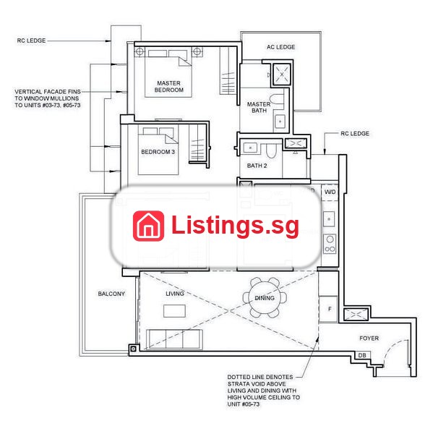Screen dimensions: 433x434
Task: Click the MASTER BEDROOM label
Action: click(x=168, y=86)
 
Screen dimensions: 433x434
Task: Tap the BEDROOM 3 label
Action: click(x=158, y=152)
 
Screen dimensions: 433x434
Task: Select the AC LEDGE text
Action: click(x=280, y=47)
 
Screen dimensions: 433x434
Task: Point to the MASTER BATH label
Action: click(x=259, y=107)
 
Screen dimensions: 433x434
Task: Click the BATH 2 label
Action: click(x=257, y=166)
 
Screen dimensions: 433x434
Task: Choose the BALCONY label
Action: click(x=111, y=294)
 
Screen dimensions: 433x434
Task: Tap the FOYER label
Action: click(x=369, y=339)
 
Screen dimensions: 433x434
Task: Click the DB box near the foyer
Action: click(x=362, y=355)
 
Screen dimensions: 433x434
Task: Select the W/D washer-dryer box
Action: click(x=330, y=192)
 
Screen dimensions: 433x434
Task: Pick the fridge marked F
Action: click(x=329, y=309)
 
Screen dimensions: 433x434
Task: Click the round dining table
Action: click(x=265, y=297)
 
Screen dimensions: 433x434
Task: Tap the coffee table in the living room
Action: click(x=174, y=311)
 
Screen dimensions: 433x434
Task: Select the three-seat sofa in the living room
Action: click(x=174, y=339)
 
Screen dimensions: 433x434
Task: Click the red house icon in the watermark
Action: click(x=149, y=226)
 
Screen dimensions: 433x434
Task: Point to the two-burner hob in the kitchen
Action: click(x=330, y=244)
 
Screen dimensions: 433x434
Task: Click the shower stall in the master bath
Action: click(x=282, y=75)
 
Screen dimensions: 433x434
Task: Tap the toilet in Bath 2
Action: click(x=271, y=151)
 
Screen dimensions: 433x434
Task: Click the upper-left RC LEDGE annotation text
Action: click(x=31, y=41)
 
